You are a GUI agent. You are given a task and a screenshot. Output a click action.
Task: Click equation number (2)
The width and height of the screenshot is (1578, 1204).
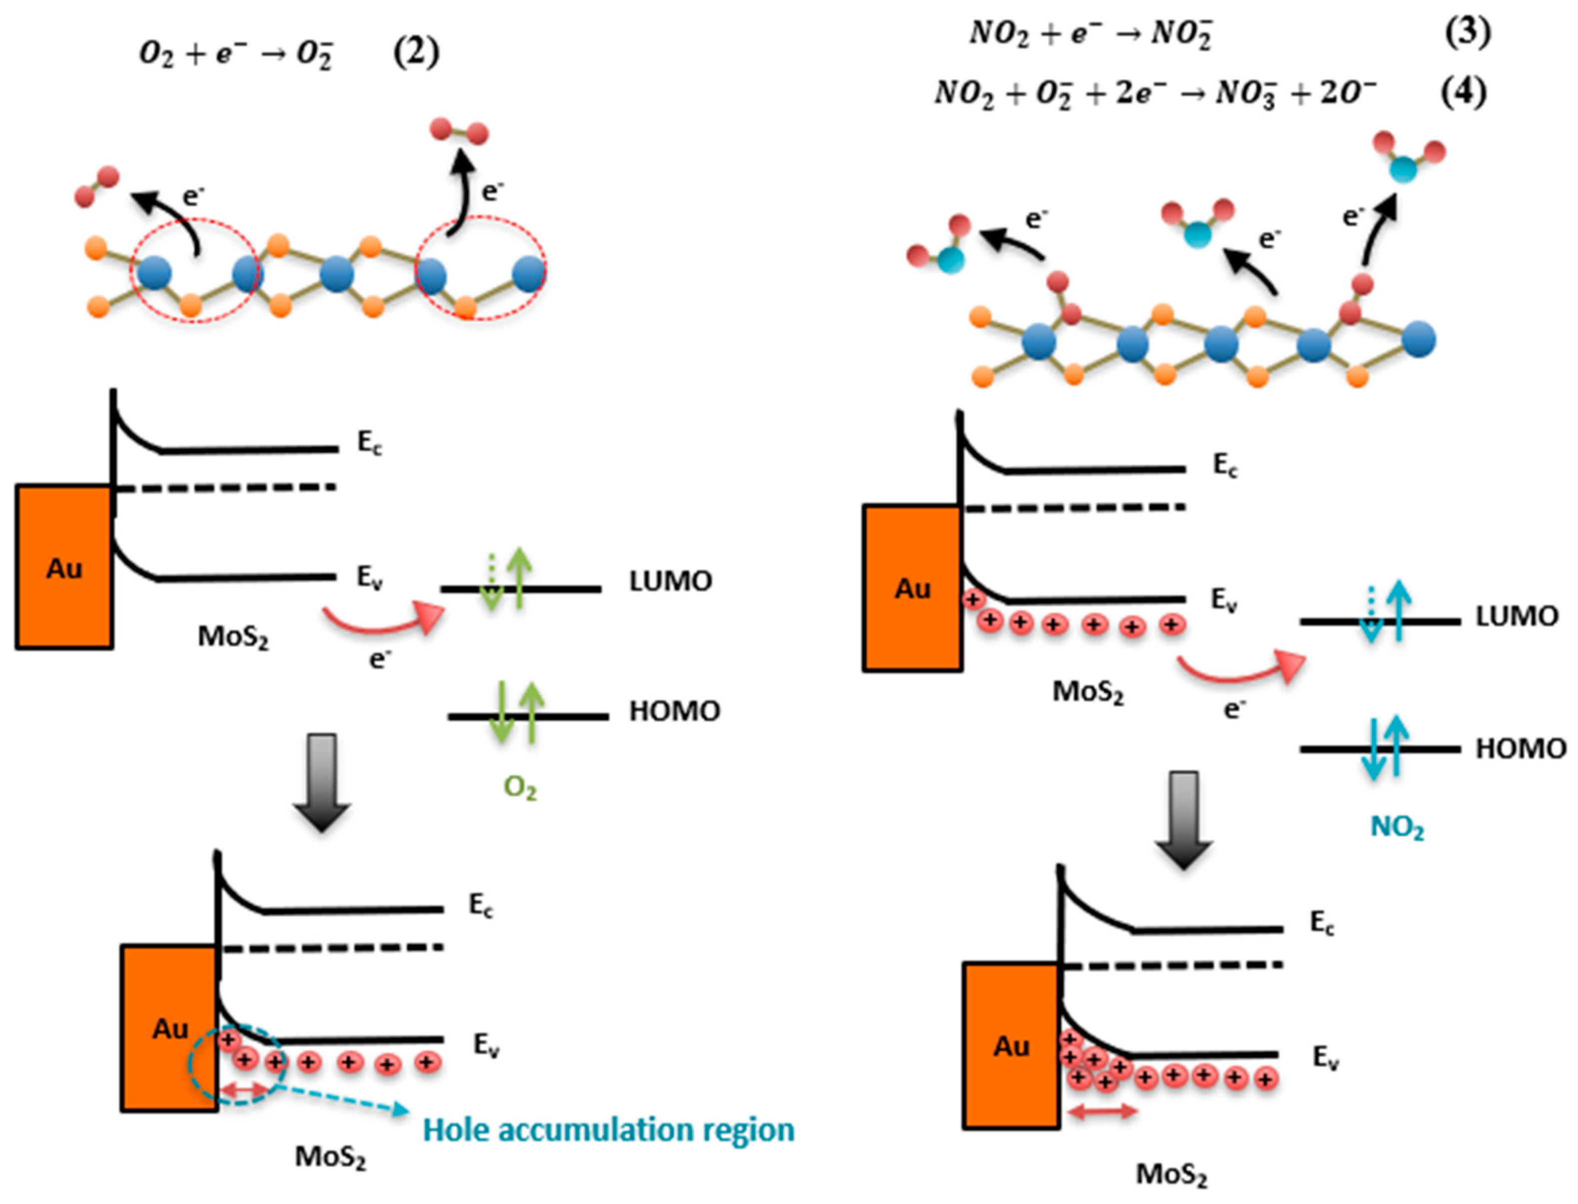coord(416,54)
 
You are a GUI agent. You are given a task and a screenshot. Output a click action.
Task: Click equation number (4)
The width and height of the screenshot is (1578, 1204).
coord(1464,92)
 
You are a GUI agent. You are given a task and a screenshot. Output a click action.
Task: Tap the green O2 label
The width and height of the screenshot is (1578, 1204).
coord(520,788)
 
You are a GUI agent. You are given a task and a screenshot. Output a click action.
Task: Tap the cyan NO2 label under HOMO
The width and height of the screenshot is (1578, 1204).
coord(1397,827)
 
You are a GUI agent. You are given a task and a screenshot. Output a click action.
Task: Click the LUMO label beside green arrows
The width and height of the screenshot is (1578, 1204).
coord(671,581)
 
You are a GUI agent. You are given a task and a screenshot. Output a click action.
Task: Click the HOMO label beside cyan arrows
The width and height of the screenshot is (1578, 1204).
coord(1521,749)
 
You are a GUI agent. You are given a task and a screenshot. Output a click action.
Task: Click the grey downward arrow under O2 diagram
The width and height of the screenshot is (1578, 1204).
coord(322,781)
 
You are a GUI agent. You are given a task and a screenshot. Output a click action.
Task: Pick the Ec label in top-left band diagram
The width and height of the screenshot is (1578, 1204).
coord(370,444)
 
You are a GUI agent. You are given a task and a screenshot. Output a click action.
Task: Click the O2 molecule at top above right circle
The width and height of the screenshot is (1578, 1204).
coord(459,132)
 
